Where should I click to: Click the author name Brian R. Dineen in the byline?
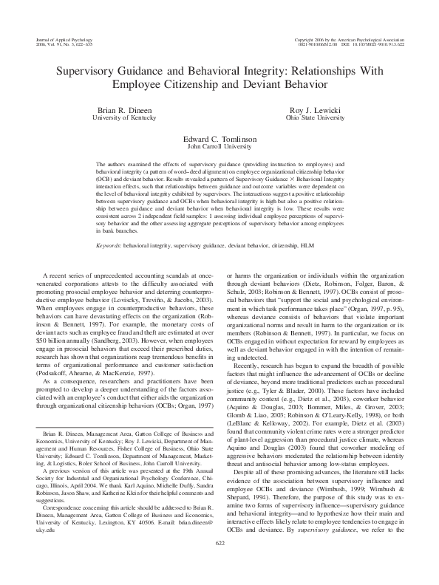[x=126, y=109]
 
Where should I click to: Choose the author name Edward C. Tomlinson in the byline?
[x=219, y=138]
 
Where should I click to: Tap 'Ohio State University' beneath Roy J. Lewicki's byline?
[x=314, y=117]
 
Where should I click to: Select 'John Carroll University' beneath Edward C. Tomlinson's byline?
[x=219, y=146]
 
